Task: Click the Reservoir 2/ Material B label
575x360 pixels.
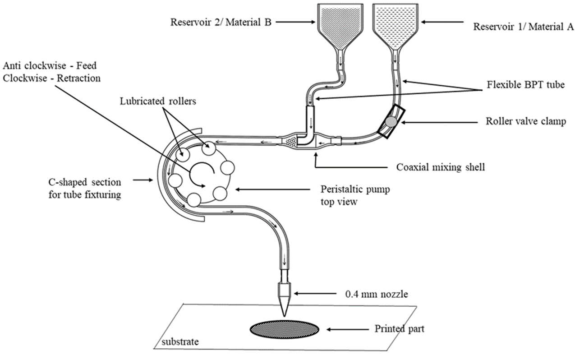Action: point(221,22)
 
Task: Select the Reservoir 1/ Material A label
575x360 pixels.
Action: point(523,27)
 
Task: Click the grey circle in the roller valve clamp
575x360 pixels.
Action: point(391,121)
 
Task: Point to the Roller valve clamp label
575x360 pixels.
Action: point(526,121)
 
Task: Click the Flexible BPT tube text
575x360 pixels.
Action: point(526,84)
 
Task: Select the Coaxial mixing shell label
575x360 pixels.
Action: point(441,167)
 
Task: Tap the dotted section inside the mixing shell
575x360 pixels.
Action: point(291,142)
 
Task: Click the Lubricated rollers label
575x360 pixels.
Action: point(158,101)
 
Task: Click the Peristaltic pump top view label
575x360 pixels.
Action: point(355,195)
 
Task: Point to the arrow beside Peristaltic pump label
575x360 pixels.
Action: point(273,190)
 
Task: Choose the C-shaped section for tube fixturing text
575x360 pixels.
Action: point(85,188)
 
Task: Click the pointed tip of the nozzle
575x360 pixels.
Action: point(284,316)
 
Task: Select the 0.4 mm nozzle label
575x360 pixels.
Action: point(377,294)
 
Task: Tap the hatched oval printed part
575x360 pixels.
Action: point(285,329)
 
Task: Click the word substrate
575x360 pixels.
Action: point(180,342)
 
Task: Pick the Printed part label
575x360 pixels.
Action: point(400,329)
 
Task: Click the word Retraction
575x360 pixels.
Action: point(78,78)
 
